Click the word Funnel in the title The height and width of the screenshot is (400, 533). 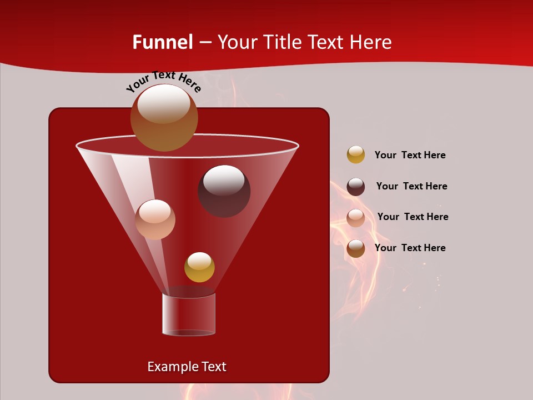(162, 42)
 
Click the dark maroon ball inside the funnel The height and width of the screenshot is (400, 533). (224, 191)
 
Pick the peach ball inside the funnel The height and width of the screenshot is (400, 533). (155, 219)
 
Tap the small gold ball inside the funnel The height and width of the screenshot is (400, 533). (199, 267)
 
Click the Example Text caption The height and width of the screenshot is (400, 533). (187, 367)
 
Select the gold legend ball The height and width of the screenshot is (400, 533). (356, 154)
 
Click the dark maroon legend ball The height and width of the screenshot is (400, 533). (356, 187)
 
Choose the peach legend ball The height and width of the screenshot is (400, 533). (356, 218)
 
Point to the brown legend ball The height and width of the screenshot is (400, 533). (356, 248)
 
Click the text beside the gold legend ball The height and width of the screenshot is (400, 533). (410, 155)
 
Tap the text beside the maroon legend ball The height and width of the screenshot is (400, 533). (411, 186)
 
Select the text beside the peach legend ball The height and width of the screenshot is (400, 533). (413, 217)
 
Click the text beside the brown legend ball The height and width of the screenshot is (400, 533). (410, 248)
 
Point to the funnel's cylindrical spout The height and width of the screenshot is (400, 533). (189, 314)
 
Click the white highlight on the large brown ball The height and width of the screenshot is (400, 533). (163, 104)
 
